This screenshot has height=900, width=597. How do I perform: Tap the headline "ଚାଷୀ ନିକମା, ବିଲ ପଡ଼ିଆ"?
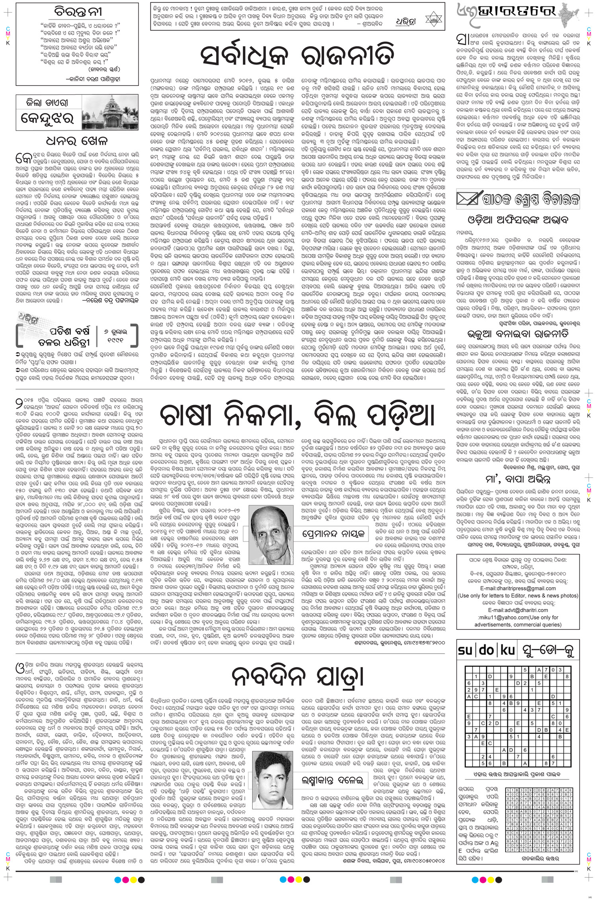[x=297, y=417]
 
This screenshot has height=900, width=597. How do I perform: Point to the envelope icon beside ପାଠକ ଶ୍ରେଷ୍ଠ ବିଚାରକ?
[x=469, y=198]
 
